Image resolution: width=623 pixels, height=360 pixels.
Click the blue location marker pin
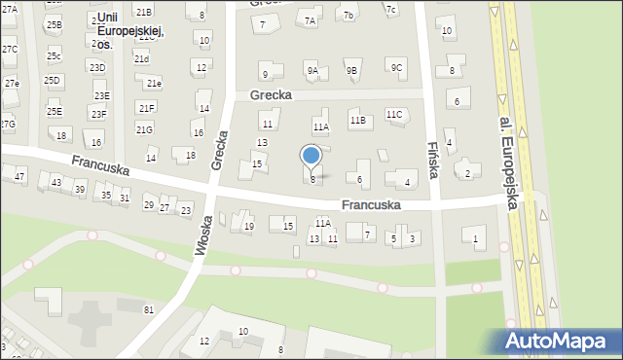(311, 156)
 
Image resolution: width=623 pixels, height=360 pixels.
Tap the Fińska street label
(434, 156)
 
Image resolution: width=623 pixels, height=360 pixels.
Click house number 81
(149, 309)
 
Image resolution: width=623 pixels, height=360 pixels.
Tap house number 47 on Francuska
(19, 176)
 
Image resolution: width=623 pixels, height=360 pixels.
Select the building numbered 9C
(395, 67)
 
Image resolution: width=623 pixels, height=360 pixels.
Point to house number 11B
(357, 121)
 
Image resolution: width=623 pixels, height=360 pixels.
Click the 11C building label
(393, 115)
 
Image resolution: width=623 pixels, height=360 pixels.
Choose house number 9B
(351, 70)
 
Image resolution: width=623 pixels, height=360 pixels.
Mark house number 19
(249, 227)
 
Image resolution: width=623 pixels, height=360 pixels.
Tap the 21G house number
(144, 129)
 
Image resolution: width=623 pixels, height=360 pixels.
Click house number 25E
(54, 112)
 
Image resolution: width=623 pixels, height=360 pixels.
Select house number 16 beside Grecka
(198, 132)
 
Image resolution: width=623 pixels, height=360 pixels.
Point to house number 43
(56, 183)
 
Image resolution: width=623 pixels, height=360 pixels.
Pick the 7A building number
(311, 20)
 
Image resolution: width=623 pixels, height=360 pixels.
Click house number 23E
(101, 95)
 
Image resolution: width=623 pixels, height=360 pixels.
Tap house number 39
(79, 188)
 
